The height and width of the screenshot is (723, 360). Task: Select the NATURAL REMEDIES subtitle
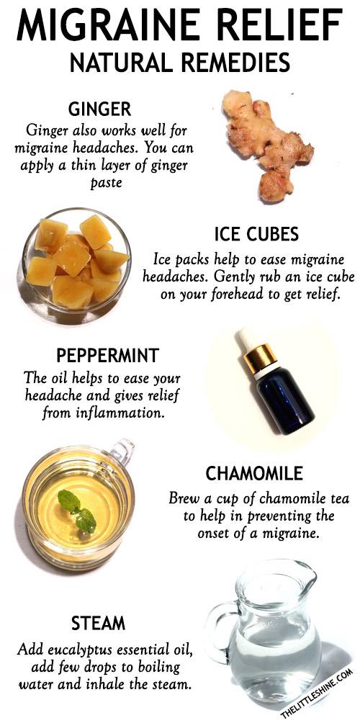(180, 63)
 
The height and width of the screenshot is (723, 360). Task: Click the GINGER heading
(99, 109)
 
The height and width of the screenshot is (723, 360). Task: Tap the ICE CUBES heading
(257, 234)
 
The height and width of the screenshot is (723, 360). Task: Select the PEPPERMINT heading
(108, 356)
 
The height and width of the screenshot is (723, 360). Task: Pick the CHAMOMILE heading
(254, 474)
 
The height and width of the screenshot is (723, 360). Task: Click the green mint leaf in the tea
(77, 510)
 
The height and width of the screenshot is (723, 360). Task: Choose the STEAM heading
(98, 624)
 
